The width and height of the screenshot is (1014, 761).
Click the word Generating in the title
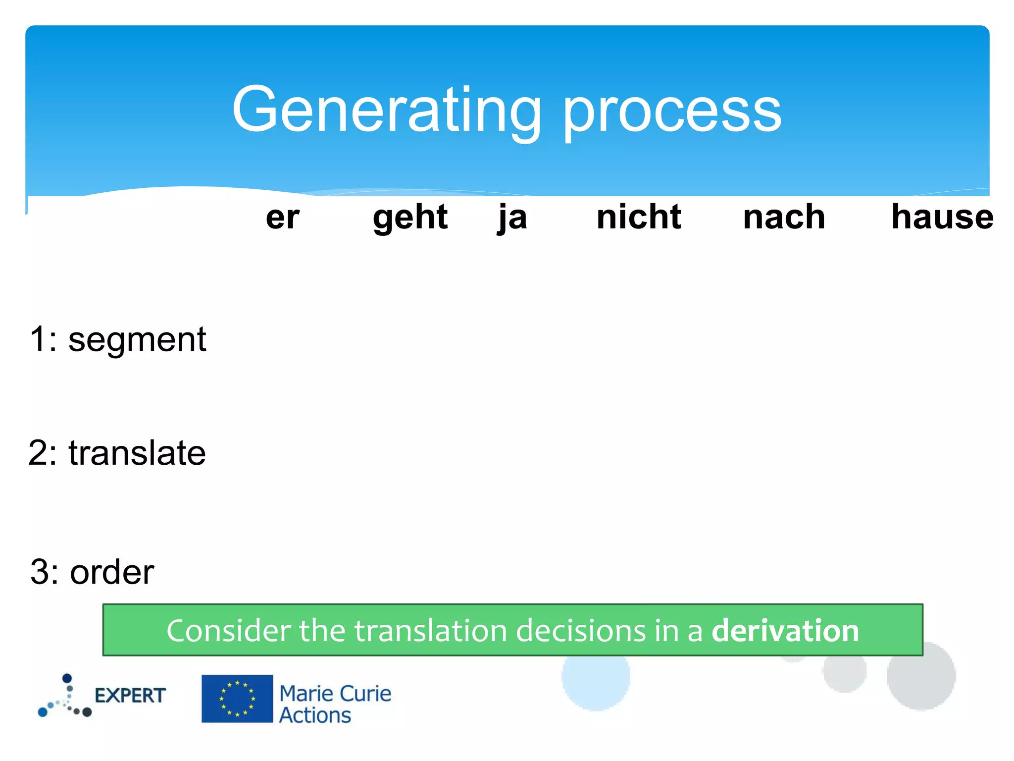click(386, 110)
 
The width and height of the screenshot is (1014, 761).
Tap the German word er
click(282, 217)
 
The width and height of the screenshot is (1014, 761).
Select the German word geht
click(410, 217)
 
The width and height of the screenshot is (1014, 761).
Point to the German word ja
click(512, 217)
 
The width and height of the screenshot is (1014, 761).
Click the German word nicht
click(639, 217)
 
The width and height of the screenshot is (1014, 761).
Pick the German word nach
click(784, 217)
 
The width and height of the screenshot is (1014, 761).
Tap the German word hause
click(942, 217)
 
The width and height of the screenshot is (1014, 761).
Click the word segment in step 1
click(137, 340)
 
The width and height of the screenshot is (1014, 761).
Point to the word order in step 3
click(112, 572)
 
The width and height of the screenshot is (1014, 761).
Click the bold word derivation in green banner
click(785, 631)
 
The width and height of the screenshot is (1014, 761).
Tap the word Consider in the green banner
click(228, 631)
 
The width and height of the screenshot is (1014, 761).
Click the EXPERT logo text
click(130, 696)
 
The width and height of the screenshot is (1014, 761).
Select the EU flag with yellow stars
click(237, 699)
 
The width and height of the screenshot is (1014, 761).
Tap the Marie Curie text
click(335, 693)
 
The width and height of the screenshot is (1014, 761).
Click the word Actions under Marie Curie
click(315, 715)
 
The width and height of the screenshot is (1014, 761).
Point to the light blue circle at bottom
click(596, 681)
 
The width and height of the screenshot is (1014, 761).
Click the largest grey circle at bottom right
click(921, 676)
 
